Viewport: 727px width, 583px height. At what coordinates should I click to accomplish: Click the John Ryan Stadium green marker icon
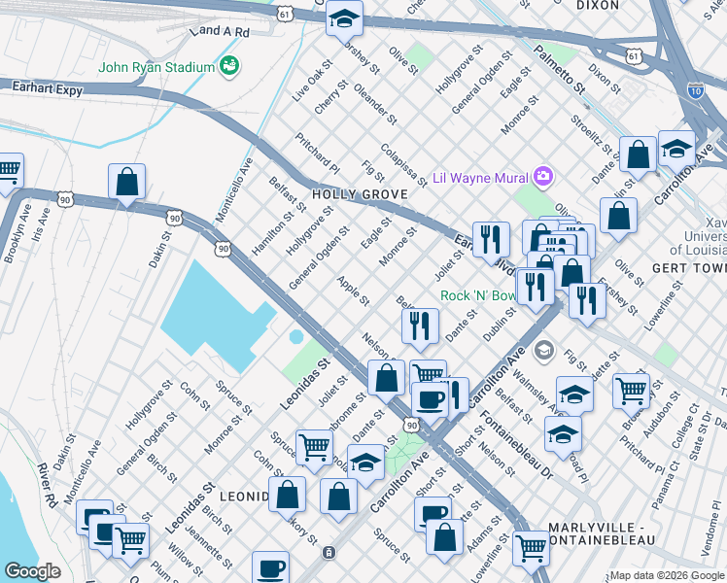tap(229, 66)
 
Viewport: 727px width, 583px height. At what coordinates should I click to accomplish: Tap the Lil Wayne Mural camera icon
tap(542, 177)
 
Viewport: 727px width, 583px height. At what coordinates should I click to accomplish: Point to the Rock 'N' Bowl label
tap(478, 295)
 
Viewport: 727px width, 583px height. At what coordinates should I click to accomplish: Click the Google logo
tap(33, 571)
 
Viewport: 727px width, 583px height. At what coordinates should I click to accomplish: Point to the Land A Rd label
tap(220, 32)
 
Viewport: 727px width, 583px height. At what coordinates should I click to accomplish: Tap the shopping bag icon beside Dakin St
tap(126, 181)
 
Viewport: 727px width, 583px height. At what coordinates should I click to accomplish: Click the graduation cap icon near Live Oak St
tap(344, 19)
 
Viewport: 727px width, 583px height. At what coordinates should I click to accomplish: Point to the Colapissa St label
tap(403, 164)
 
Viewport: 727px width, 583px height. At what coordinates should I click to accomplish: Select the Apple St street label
tap(353, 291)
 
